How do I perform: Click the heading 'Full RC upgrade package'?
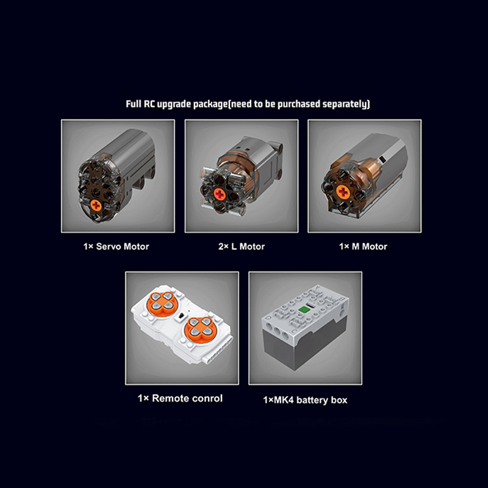(176, 104)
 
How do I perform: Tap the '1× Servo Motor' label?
(116, 246)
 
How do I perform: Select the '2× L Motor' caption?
(242, 246)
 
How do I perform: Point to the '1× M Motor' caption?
(363, 246)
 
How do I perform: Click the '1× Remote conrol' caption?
(180, 398)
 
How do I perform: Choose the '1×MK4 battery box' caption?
(305, 400)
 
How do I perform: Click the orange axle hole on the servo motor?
(96, 205)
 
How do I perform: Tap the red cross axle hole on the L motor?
(220, 195)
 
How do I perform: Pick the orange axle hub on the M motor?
(343, 192)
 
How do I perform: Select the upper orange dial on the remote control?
(162, 301)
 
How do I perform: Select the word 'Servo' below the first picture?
(109, 246)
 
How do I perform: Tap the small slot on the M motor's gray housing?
(383, 159)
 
